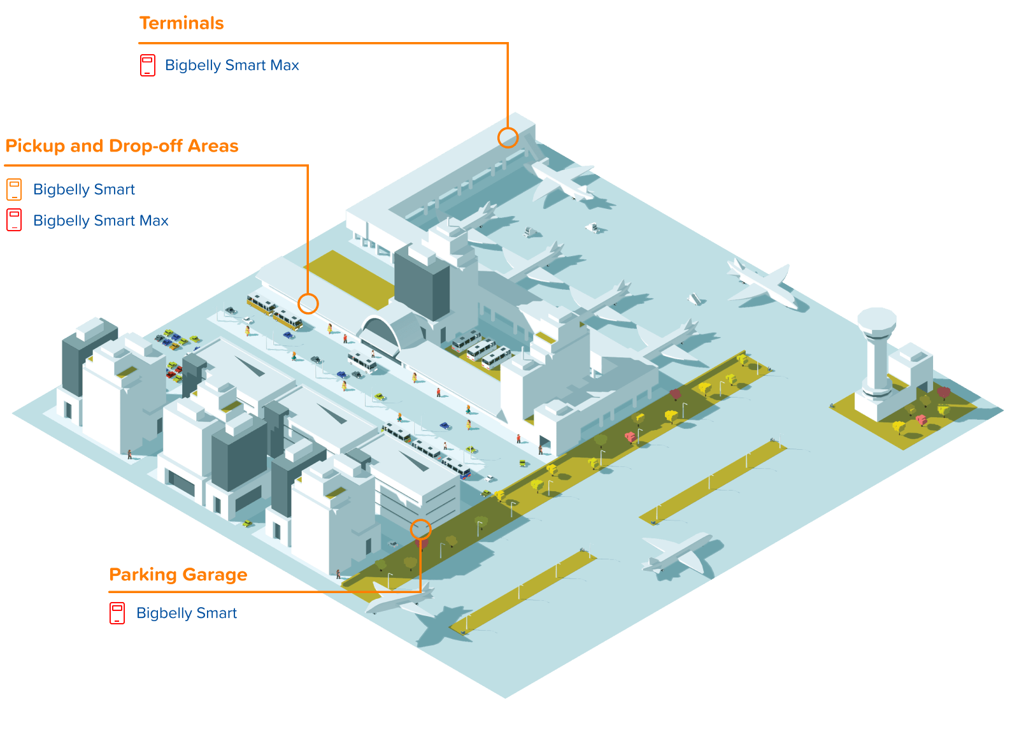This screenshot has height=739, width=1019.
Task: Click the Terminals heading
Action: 182,24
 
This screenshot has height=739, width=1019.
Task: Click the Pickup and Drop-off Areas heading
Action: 122,147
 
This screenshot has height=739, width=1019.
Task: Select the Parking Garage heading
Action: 178,575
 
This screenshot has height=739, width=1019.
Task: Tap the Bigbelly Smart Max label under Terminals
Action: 232,66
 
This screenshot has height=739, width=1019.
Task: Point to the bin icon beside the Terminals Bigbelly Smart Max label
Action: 148,66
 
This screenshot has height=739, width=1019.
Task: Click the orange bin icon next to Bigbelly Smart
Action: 14,190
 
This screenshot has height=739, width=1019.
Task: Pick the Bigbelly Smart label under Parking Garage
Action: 187,613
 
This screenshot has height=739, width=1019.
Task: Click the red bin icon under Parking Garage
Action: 117,613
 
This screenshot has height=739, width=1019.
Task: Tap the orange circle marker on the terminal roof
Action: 508,138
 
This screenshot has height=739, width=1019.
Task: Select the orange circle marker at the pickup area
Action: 308,304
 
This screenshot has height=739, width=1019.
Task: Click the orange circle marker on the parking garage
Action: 420,529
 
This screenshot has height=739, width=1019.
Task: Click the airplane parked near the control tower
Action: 764,283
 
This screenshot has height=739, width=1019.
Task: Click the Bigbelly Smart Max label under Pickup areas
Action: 101,221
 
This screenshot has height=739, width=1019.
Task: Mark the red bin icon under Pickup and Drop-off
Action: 14,220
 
